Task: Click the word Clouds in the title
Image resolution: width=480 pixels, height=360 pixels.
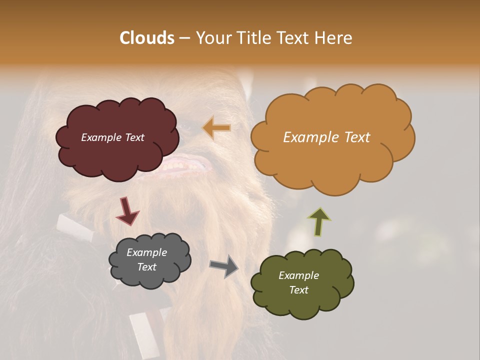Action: [x=146, y=38]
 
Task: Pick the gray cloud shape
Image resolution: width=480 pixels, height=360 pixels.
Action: [x=150, y=277]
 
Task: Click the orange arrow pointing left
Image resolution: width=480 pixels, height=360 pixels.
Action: [x=216, y=128]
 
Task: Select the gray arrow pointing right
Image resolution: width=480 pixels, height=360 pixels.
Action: [x=223, y=266]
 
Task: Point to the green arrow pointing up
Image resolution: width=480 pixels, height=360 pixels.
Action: [x=319, y=222]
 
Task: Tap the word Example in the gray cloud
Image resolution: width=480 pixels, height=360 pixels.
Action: [x=146, y=252]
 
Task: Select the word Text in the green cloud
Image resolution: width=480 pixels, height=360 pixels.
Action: [x=298, y=290]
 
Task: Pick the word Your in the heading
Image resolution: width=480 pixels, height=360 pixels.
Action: [x=213, y=38]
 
